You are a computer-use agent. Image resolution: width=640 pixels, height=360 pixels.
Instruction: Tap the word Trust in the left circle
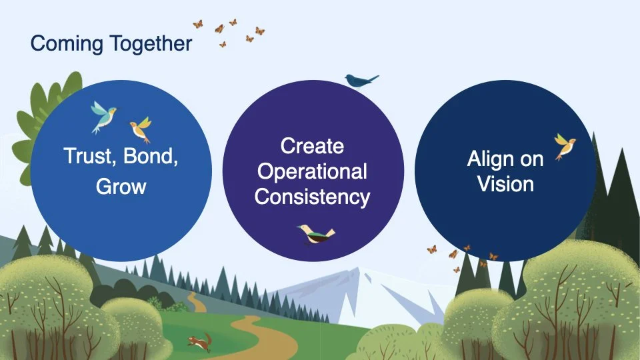(x=85, y=157)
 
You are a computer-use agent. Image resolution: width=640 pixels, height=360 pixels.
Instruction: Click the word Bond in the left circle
(x=153, y=157)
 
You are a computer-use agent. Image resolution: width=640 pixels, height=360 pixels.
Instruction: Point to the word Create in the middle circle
(x=312, y=146)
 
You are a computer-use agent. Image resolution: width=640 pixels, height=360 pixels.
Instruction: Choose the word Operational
(x=312, y=171)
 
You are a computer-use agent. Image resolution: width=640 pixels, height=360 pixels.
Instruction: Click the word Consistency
(x=312, y=197)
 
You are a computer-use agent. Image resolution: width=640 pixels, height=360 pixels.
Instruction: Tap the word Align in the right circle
(x=490, y=159)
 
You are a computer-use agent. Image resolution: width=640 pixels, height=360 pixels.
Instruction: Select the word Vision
(x=505, y=184)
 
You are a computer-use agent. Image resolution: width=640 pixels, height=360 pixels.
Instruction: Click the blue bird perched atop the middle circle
(x=361, y=81)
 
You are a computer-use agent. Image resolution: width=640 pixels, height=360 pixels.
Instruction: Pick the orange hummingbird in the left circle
(x=141, y=128)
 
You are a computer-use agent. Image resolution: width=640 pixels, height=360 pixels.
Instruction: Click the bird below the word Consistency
(x=316, y=233)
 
